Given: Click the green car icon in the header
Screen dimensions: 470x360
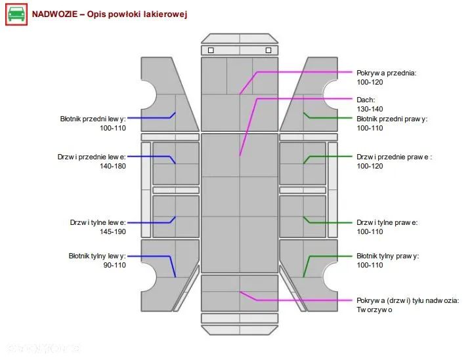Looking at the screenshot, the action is click(x=16, y=14).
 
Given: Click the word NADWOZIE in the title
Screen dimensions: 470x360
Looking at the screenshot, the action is click(x=54, y=14).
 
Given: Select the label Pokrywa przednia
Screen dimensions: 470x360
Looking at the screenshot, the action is click(x=387, y=73).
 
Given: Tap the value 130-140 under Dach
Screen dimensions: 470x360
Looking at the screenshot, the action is click(x=370, y=109).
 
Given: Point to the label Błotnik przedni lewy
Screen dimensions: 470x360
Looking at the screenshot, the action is click(x=93, y=119).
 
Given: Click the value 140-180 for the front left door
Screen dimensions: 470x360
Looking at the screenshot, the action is click(x=113, y=166).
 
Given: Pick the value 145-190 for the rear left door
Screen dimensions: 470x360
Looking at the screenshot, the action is click(x=113, y=231).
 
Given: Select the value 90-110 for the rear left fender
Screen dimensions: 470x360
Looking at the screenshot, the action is click(x=114, y=265).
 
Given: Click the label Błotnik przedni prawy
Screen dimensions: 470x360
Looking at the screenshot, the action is click(x=392, y=119).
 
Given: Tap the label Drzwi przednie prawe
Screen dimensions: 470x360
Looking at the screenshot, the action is click(x=394, y=157).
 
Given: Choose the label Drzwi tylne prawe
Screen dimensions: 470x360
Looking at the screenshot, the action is click(x=387, y=222).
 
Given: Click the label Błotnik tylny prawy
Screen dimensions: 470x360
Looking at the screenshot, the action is click(x=387, y=256).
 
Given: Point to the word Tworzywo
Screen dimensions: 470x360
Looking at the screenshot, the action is click(x=374, y=310).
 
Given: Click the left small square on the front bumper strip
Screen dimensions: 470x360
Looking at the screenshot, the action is click(x=211, y=50).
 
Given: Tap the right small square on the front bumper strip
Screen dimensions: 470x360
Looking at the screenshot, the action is click(x=268, y=50).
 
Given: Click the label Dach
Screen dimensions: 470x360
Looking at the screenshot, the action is click(x=366, y=100).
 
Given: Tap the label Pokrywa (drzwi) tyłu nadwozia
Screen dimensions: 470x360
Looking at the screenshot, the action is click(x=408, y=300).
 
